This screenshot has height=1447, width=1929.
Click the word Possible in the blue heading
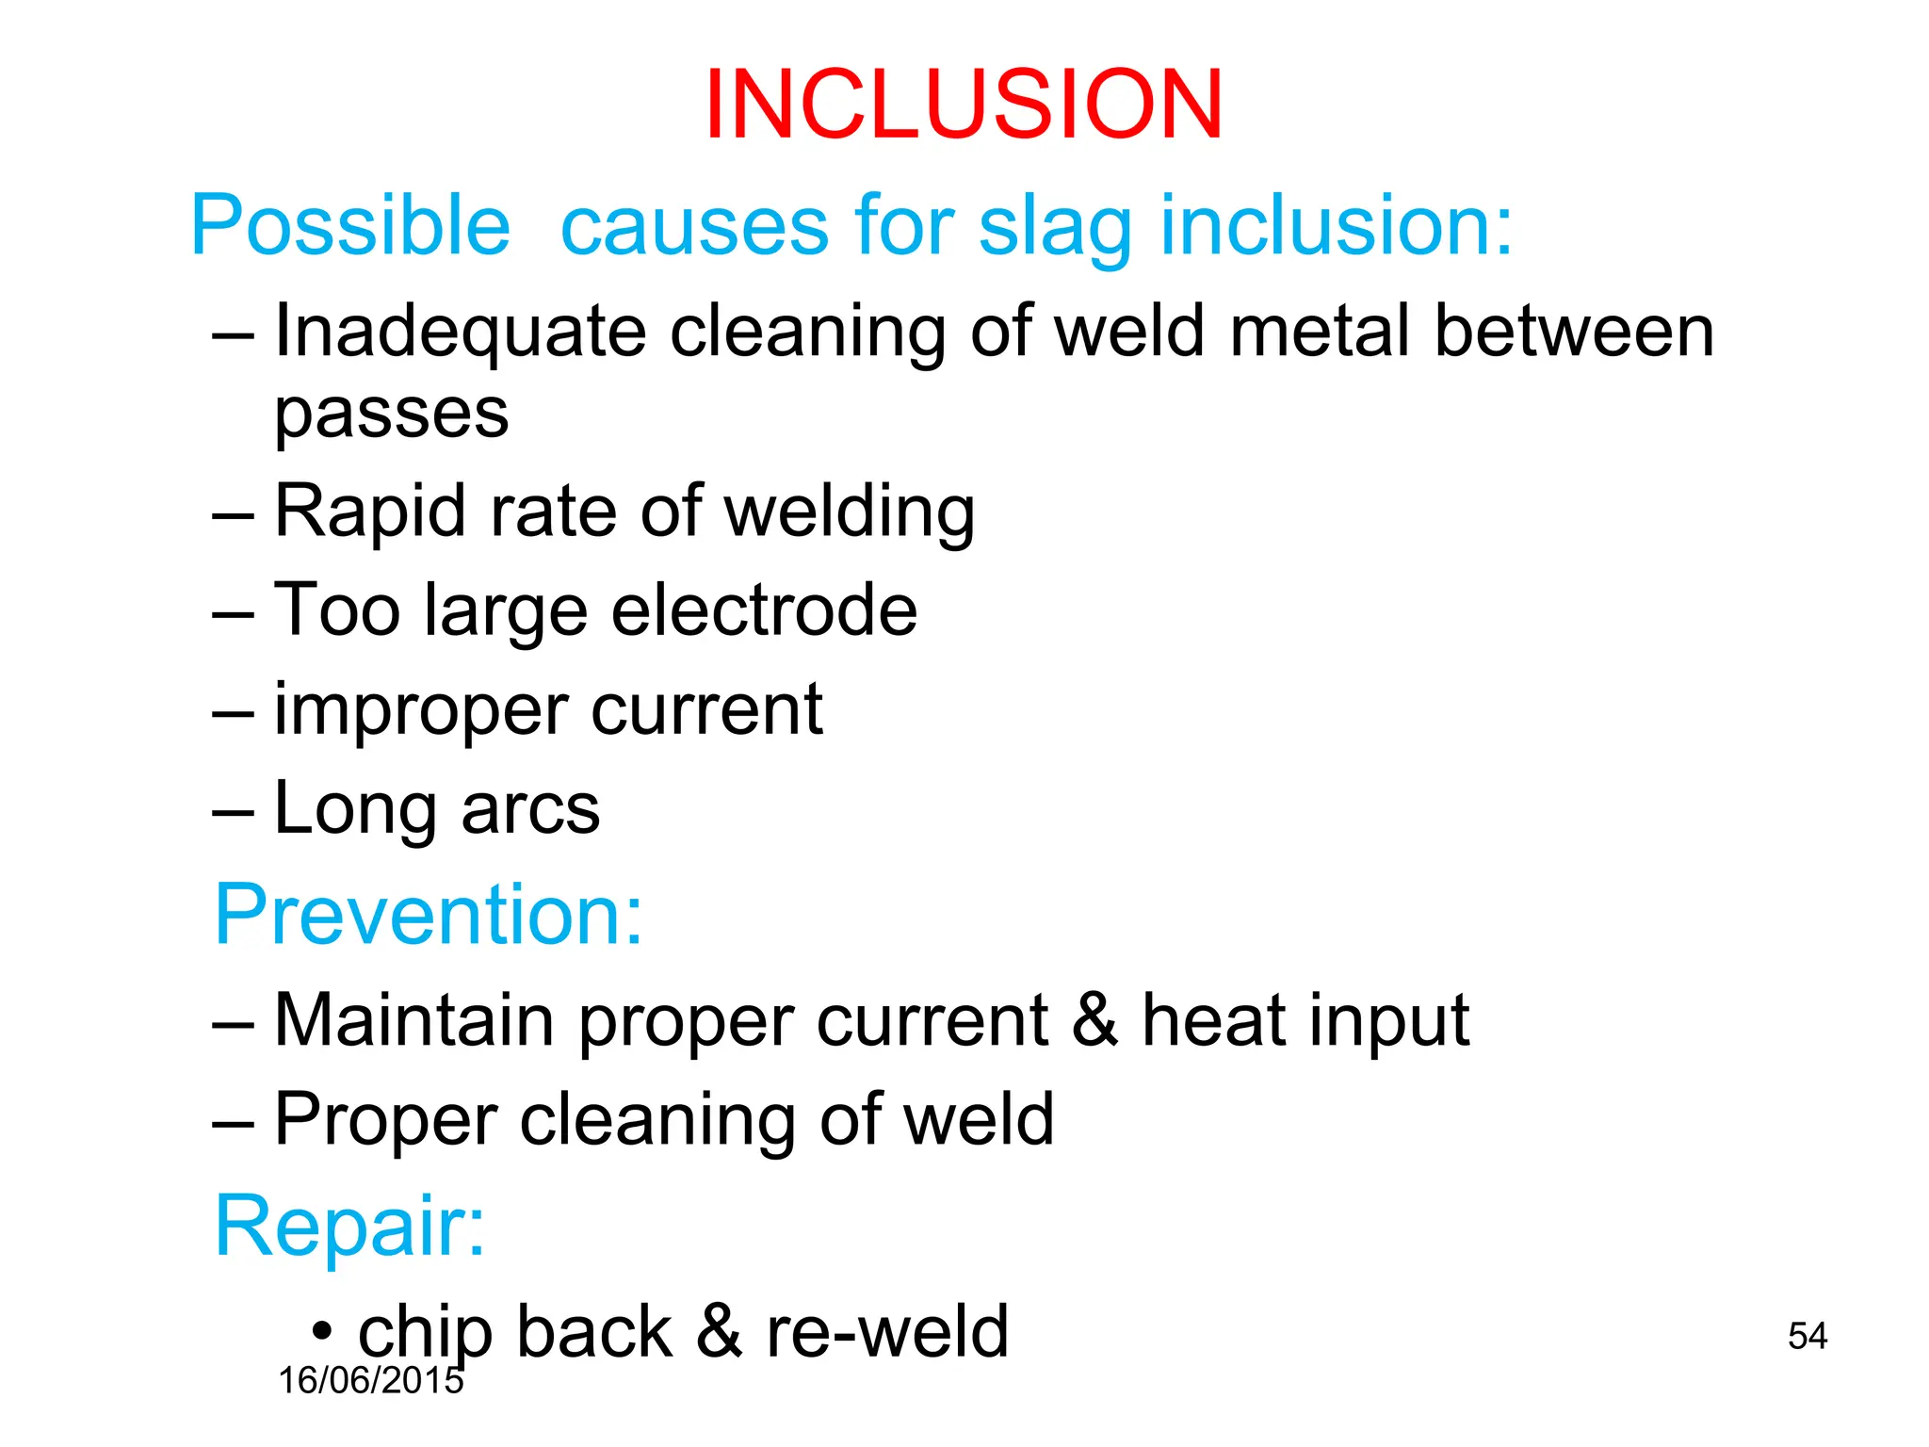tap(350, 226)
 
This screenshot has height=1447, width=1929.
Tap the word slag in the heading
tap(1055, 228)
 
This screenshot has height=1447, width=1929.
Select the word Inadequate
tap(460, 333)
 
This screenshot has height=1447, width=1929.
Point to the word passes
tap(391, 415)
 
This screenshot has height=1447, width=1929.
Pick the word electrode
tap(764, 610)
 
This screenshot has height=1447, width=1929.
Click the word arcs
tap(530, 809)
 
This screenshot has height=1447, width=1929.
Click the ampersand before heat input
tap(1094, 1020)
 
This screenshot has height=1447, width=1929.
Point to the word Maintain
tap(413, 1020)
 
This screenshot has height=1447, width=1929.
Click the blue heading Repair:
tap(349, 1226)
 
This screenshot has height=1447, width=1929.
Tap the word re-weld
tap(887, 1332)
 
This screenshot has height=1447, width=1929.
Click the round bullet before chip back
tap(322, 1333)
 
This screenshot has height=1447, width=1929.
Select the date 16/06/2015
tap(370, 1381)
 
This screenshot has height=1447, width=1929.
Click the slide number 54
tap(1807, 1336)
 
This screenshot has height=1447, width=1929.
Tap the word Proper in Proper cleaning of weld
tap(384, 1120)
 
